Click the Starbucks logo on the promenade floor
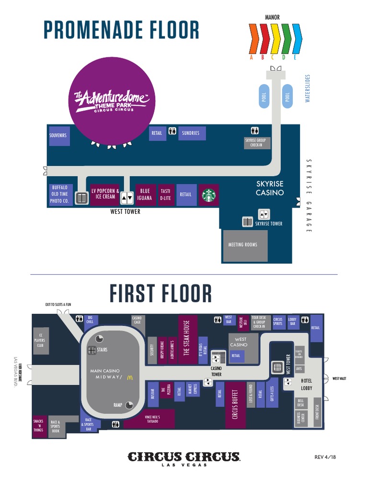[x=209, y=195]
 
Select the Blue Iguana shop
[x=145, y=194]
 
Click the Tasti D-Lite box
[x=165, y=194]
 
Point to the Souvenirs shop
[x=57, y=135]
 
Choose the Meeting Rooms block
[x=245, y=245]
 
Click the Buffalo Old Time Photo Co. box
[x=60, y=194]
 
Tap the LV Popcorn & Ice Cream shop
[x=105, y=194]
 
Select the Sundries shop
[x=191, y=133]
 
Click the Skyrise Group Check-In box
[x=257, y=143]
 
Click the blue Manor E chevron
[x=297, y=39]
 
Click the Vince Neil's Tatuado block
[x=152, y=419]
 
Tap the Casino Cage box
[x=137, y=320]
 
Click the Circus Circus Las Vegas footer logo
[x=184, y=458]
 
